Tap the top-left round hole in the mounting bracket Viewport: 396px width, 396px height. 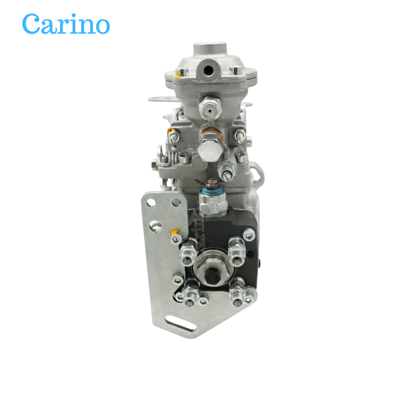tap(151, 203)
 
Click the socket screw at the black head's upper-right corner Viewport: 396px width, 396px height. tap(249, 235)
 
